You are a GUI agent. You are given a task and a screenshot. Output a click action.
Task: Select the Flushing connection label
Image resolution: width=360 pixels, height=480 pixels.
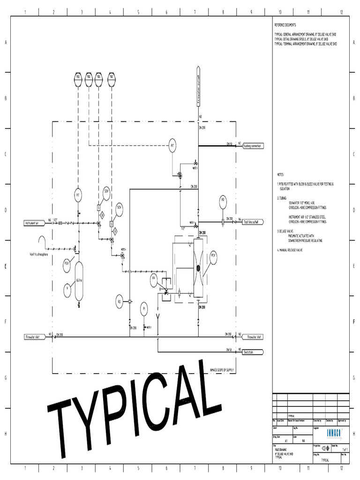(252, 146)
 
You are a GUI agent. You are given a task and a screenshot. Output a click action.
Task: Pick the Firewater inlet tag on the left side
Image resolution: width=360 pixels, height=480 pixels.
(34, 337)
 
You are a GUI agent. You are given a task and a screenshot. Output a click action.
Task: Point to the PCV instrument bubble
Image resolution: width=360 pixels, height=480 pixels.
(213, 256)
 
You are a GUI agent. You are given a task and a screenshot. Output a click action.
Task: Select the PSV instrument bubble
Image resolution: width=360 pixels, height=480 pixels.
(67, 264)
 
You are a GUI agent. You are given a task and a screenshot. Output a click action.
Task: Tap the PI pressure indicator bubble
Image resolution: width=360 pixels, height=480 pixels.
(144, 308)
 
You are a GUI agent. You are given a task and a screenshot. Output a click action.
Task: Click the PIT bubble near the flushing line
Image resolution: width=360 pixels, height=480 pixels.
(172, 146)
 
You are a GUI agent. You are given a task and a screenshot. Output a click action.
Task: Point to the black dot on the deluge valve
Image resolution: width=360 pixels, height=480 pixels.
(198, 268)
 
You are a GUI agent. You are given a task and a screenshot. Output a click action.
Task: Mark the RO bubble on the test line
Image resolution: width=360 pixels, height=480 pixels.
(223, 202)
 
